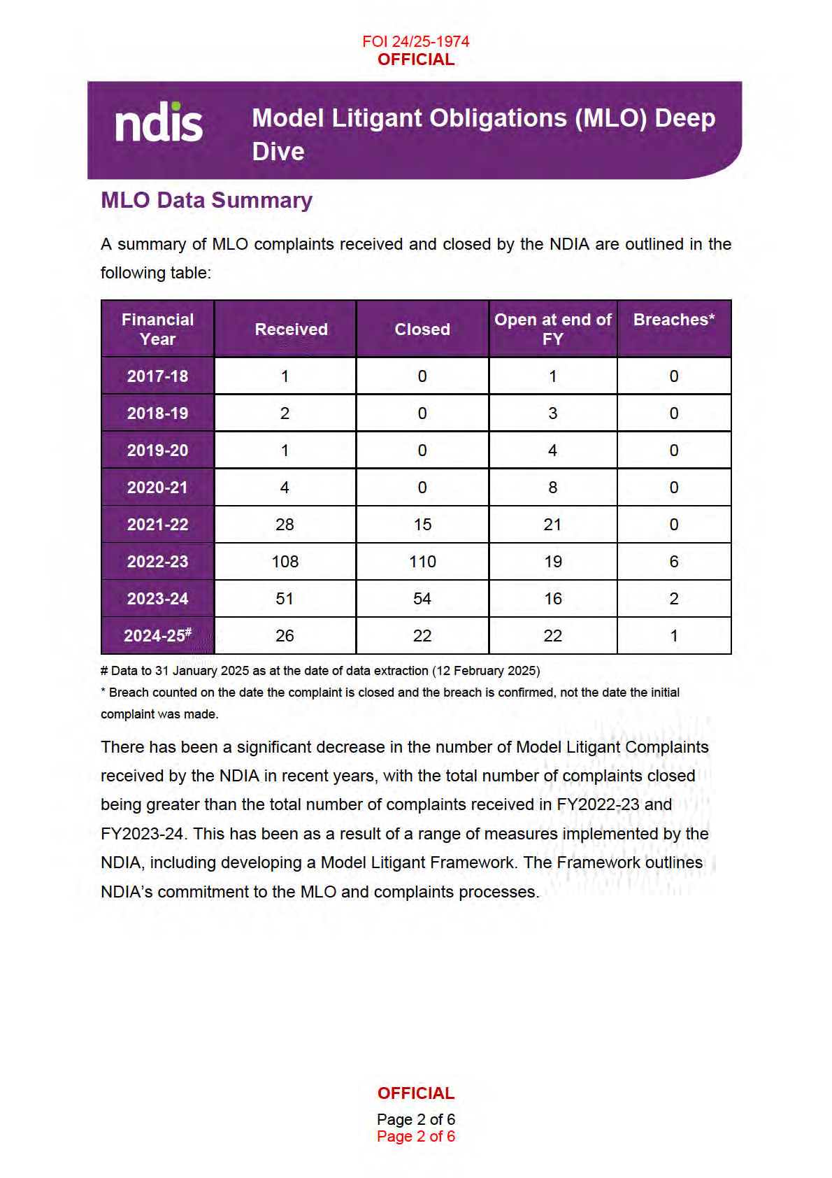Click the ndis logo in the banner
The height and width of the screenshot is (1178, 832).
click(x=159, y=123)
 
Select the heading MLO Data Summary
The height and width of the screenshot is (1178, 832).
click(x=206, y=200)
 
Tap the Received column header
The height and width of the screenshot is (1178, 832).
click(x=291, y=329)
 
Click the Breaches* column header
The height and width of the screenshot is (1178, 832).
click(x=673, y=320)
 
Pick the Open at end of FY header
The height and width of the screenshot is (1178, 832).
click(x=552, y=329)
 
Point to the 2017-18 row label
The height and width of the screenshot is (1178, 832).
click(x=157, y=376)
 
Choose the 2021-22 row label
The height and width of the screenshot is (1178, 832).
click(x=157, y=525)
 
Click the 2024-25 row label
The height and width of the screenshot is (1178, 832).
click(x=157, y=636)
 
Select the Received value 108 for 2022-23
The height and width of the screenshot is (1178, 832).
click(x=285, y=562)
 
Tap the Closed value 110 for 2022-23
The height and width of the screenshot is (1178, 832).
click(x=422, y=562)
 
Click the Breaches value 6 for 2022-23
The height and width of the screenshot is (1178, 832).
click(x=673, y=562)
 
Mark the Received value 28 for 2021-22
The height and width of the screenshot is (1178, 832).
click(x=285, y=525)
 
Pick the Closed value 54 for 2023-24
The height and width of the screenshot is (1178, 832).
click(x=422, y=599)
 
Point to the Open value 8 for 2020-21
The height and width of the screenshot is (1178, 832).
click(x=552, y=488)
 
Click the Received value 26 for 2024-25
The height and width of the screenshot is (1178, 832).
click(x=285, y=636)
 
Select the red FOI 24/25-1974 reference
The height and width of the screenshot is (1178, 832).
click(x=415, y=41)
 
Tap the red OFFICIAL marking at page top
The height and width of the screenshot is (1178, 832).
click(x=415, y=59)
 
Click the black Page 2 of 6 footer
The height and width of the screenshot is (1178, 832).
click(x=415, y=1119)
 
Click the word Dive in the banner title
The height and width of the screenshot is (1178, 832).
click(x=278, y=152)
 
